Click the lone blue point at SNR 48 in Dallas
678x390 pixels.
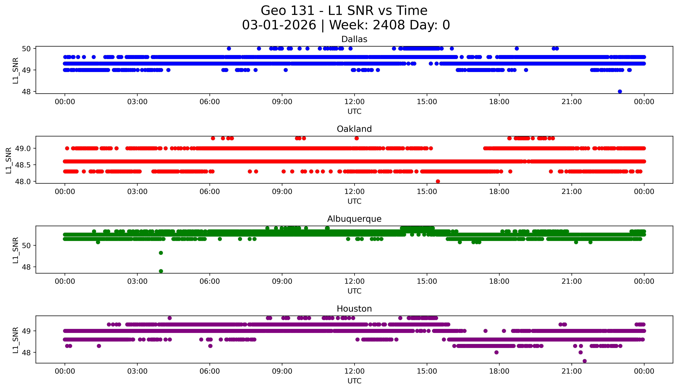(620, 91)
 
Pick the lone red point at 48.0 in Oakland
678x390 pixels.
(438, 181)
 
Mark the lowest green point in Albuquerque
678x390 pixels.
(161, 271)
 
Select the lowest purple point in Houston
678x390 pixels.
(585, 361)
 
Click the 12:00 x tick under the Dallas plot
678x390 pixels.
(354, 102)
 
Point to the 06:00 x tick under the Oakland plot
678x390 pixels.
(210, 191)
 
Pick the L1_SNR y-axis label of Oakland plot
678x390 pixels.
(9, 160)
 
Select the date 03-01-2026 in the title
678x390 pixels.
(279, 25)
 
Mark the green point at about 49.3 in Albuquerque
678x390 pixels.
(161, 253)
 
